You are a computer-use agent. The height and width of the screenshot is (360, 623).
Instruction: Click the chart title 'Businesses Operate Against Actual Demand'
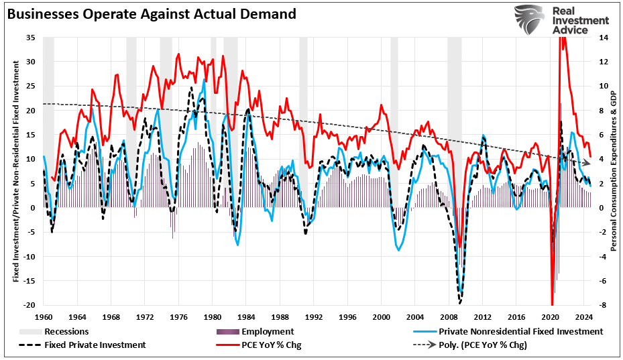coord(140,13)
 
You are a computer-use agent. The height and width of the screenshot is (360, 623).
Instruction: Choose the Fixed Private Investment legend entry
coord(88,345)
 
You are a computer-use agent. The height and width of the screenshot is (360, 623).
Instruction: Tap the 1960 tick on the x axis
coord(44,316)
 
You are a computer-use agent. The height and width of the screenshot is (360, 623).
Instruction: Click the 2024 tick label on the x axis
coord(583,316)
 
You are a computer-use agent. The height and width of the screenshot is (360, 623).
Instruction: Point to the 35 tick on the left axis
coord(31,38)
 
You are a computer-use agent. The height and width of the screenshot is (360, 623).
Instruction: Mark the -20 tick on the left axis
coord(30,305)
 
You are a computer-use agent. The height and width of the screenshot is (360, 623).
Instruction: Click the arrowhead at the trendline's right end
coord(587,163)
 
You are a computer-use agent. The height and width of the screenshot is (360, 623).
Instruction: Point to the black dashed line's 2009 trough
coord(460,302)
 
